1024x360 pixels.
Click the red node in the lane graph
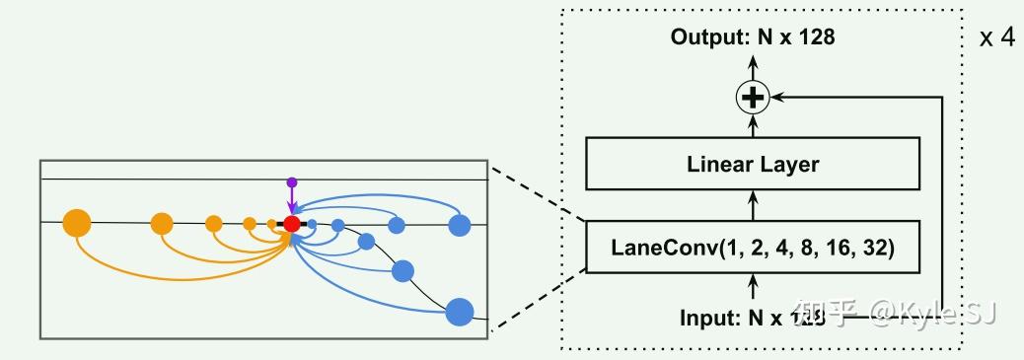pos(291,225)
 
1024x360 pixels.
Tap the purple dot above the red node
pos(291,182)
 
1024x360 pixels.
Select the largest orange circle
pos(76,224)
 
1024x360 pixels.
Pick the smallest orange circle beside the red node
pos(271,225)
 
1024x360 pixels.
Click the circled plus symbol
pos(753,97)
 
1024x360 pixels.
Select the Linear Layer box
pos(753,164)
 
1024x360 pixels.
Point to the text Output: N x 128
pos(753,37)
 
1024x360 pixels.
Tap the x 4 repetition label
pos(996,38)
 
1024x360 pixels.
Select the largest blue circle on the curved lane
pos(460,312)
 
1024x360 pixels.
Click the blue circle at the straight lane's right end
pos(459,225)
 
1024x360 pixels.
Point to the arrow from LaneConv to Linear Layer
pos(753,206)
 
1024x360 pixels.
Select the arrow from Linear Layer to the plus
pos(753,125)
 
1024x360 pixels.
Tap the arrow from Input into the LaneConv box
pos(753,286)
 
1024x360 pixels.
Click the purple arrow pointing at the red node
pos(291,201)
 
